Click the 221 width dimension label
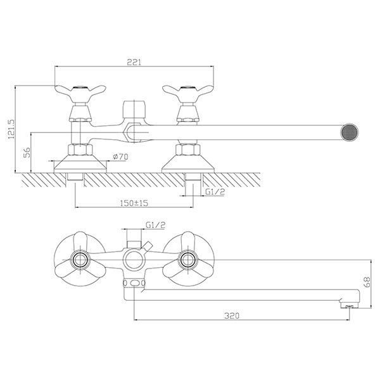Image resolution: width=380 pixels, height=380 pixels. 134,62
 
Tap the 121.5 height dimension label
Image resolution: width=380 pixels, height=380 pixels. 11,129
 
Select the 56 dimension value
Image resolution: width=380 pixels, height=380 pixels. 27,152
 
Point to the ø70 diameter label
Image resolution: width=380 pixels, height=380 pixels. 120,157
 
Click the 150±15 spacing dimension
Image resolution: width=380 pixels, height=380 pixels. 134,203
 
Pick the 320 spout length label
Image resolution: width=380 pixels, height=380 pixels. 231,315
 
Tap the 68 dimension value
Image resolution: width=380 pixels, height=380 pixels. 367,282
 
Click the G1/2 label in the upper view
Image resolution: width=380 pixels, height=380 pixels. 215,192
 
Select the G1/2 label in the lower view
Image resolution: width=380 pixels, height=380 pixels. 155,225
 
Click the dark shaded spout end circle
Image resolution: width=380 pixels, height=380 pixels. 349,132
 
